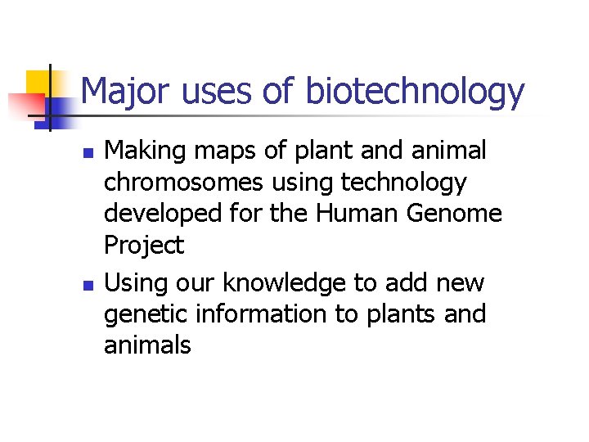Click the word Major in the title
124,92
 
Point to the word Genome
461,213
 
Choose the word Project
144,245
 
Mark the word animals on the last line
147,345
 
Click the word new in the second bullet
460,284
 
